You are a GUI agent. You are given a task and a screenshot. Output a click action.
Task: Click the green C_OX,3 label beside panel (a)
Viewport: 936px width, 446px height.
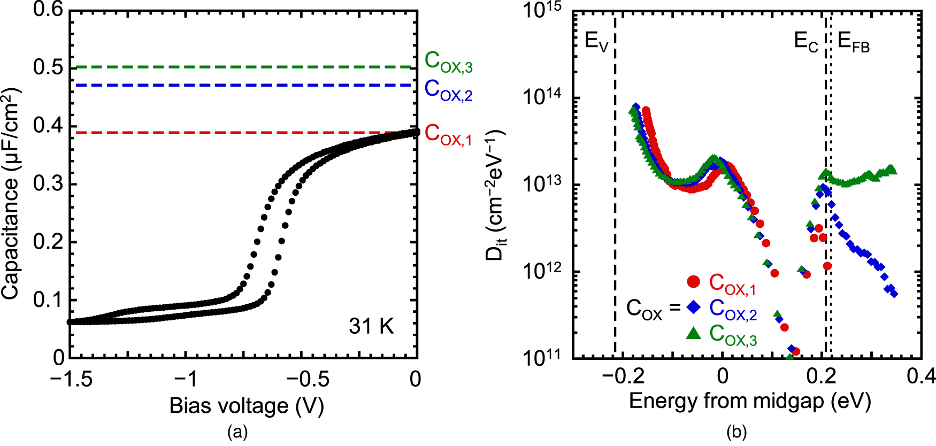coord(448,62)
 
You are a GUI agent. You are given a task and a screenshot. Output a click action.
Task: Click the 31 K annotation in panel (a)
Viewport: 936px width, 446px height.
coord(371,326)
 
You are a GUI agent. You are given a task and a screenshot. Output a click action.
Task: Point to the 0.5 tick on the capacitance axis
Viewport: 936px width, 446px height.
coord(48,67)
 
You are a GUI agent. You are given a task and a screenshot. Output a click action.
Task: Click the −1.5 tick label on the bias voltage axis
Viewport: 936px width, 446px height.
coord(71,379)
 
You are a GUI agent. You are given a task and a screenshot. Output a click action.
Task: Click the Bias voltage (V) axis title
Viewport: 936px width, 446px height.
coord(247,406)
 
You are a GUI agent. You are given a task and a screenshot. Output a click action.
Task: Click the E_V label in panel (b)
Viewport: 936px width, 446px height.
coord(597,42)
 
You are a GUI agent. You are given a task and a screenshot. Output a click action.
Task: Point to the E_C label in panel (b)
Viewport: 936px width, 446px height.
coord(806,42)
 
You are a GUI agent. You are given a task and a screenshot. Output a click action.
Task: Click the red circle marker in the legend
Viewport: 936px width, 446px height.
coord(694,281)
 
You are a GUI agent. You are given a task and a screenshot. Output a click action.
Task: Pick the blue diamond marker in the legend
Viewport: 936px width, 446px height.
coord(694,307)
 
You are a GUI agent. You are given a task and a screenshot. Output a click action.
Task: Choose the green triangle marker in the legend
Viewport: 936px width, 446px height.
coord(694,333)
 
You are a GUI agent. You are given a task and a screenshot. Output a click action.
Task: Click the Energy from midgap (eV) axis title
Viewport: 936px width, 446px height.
coord(750,401)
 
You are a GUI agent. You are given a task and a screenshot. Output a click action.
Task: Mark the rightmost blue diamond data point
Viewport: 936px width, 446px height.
coord(894,294)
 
